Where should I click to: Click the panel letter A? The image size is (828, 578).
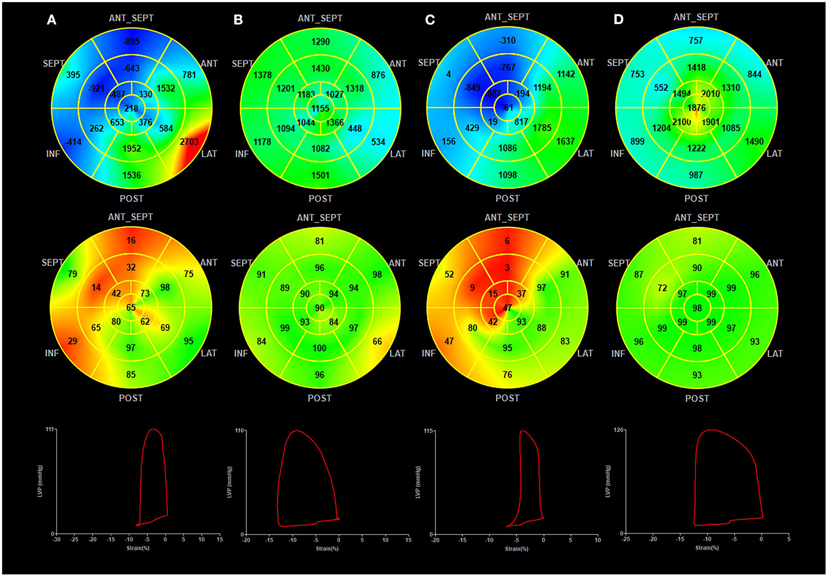pos(51,20)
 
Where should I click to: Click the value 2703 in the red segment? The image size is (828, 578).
pos(189,142)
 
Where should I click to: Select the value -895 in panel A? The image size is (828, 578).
pos(131,42)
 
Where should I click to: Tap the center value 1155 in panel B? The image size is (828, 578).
pos(320,109)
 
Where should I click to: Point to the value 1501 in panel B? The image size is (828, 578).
pos(320,176)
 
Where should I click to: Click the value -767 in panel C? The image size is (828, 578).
pos(507,68)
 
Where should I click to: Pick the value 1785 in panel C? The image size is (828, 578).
pos(541,128)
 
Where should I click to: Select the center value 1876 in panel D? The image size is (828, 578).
pos(696,108)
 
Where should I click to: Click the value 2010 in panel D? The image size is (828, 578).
pos(710,94)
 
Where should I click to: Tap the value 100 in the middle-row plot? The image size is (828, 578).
pos(319,348)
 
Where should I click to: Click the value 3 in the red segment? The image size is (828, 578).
pos(507,268)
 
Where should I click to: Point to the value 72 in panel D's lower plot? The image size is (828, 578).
pos(662,288)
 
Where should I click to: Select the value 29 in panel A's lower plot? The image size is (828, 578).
pos(73,341)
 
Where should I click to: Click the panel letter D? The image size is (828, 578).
pos(618,20)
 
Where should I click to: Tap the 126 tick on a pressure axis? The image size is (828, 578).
pos(618,430)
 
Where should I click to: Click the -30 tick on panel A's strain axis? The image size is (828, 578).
pos(56,540)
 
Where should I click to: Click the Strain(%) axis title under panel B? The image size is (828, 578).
pos(327,549)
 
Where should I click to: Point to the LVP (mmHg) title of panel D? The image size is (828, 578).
pos(607,481)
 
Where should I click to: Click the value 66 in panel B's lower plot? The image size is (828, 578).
pos(377,342)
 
